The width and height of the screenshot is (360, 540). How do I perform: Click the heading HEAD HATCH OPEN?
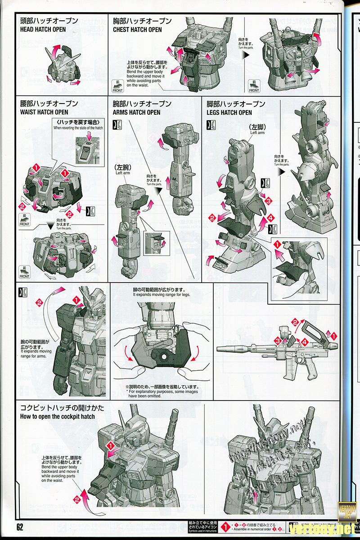click(x=43, y=30)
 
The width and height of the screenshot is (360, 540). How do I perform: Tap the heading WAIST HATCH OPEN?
click(x=45, y=112)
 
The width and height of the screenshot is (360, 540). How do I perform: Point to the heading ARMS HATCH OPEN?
click(x=137, y=112)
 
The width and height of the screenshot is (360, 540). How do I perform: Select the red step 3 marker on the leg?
click(x=268, y=200)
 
